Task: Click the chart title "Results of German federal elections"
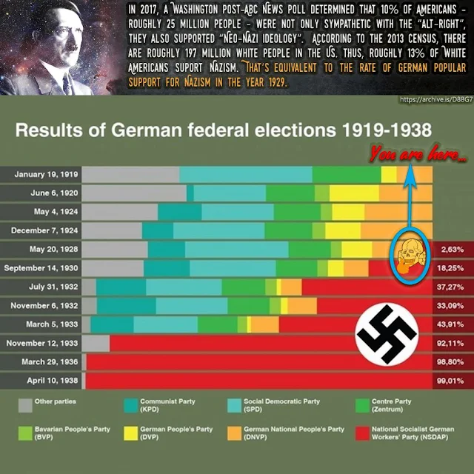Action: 222,132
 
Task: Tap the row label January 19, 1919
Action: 44,175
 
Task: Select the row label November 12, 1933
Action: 42,343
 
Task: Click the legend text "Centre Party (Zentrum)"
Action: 397,405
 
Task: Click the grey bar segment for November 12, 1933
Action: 96,343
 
